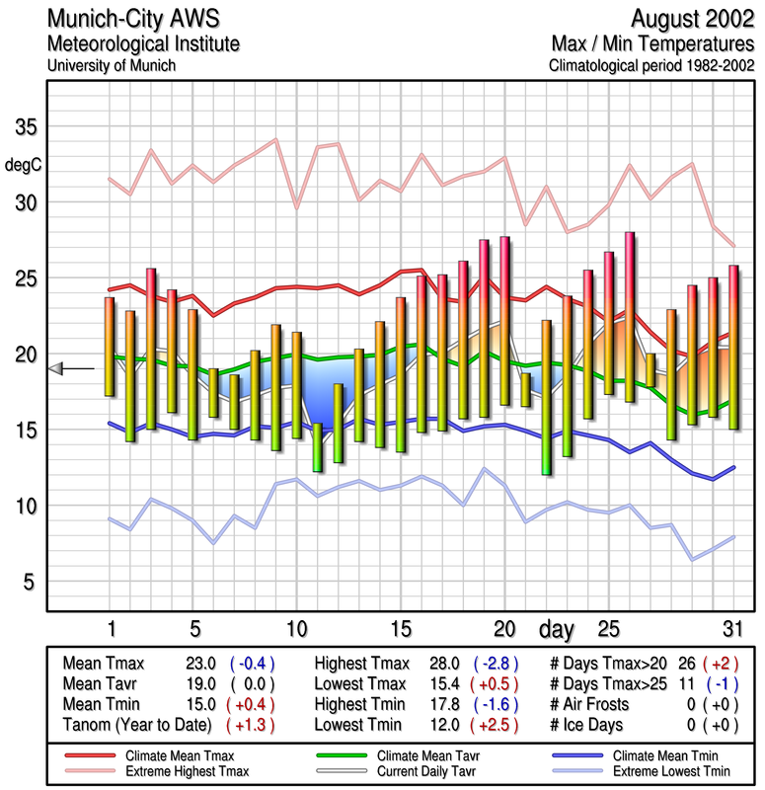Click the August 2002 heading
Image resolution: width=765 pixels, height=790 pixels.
(x=692, y=20)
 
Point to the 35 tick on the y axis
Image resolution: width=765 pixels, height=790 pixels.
(x=24, y=127)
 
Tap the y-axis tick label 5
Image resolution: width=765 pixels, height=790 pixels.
(x=30, y=582)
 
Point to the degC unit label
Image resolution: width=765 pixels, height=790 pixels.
(x=24, y=165)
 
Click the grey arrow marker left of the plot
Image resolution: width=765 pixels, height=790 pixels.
(x=56, y=368)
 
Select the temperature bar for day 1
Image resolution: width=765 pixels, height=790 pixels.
(x=110, y=347)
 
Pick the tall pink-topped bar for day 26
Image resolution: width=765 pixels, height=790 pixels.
(x=629, y=316)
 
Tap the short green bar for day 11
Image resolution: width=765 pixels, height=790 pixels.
(x=317, y=446)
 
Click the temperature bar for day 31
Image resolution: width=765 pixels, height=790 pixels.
(x=733, y=346)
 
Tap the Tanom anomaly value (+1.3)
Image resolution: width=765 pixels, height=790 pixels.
(x=249, y=725)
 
